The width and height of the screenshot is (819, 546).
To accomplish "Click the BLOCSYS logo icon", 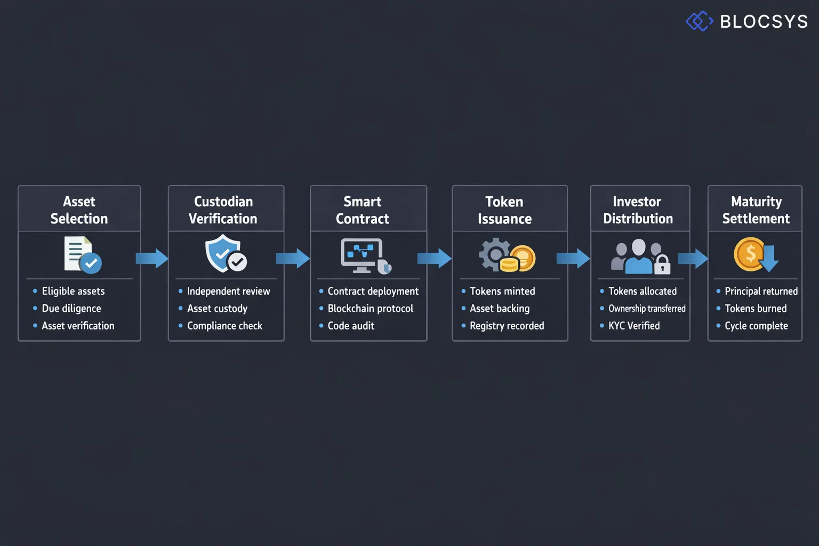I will click(699, 21).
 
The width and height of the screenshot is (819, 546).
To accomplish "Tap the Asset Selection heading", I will click(79, 210).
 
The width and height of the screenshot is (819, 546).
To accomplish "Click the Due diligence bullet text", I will click(71, 308).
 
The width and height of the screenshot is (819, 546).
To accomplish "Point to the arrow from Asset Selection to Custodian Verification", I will click(152, 259).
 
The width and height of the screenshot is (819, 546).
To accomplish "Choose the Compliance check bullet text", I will click(224, 326).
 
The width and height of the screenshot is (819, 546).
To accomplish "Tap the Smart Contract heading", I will click(363, 210).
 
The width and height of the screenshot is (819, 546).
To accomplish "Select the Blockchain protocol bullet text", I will click(370, 308).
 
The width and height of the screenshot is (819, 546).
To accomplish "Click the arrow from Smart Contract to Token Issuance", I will click(434, 259).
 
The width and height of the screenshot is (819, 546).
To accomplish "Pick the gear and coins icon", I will click(507, 255).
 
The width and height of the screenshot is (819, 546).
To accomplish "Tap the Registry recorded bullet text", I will click(507, 326).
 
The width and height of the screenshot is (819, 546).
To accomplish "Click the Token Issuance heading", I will click(504, 210).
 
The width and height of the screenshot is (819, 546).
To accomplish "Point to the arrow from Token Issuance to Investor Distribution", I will click(573, 259).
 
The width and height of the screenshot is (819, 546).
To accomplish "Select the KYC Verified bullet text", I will click(634, 326).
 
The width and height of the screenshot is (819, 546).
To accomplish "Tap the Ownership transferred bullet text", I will click(647, 308).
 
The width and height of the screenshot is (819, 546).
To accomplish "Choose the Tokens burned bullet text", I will click(756, 308).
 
